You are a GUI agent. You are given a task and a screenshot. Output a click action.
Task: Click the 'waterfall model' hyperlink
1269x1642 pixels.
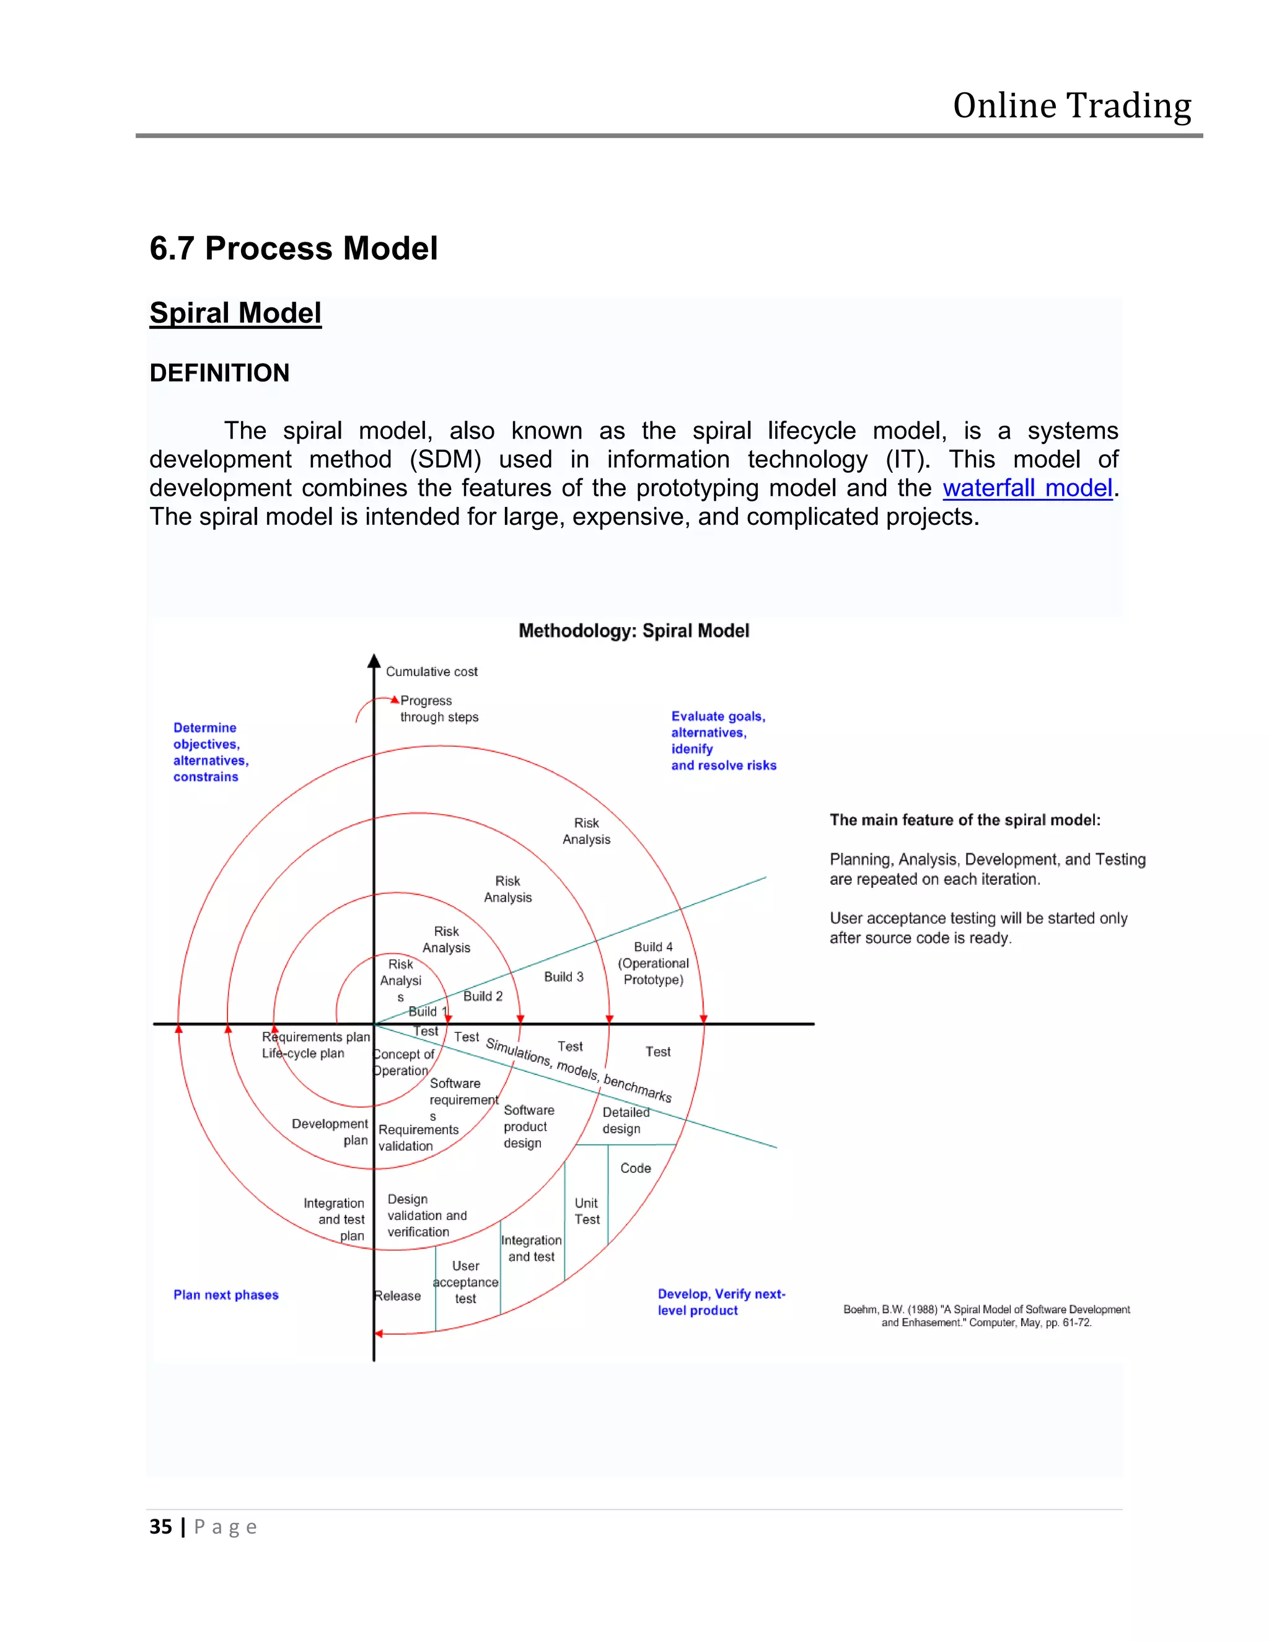coord(1026,489)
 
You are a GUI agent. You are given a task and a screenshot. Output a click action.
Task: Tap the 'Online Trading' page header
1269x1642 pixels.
coord(1071,106)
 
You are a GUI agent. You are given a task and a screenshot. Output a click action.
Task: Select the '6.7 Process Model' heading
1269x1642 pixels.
coord(293,249)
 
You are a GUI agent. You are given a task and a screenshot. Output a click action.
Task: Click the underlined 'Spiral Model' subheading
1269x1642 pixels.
coord(235,313)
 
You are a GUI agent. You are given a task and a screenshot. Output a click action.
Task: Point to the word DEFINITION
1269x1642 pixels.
coord(219,373)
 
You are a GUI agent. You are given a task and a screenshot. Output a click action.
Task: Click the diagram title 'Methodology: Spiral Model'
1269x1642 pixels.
coord(633,631)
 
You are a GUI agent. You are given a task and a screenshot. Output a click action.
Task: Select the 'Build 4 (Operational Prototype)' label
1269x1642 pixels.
coord(652,963)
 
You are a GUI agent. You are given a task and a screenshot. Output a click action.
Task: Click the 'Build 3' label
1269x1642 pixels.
coord(563,977)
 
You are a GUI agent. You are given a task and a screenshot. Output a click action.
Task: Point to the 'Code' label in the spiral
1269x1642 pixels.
coord(635,1167)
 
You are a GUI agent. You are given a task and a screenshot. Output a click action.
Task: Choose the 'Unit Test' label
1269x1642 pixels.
coord(586,1211)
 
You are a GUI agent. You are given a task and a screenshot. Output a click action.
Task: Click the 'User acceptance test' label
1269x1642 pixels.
coord(465,1282)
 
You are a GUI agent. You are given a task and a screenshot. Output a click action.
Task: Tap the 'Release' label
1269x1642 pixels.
coord(398,1296)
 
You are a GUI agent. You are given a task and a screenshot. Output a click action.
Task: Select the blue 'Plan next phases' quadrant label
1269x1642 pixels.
coord(226,1294)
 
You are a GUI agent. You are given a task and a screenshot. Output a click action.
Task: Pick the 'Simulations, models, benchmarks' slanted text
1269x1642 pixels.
coord(578,1069)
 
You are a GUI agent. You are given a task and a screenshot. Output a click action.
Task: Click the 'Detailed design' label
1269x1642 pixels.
coord(625,1120)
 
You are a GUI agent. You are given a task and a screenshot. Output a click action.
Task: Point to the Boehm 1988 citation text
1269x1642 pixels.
coord(986,1315)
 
